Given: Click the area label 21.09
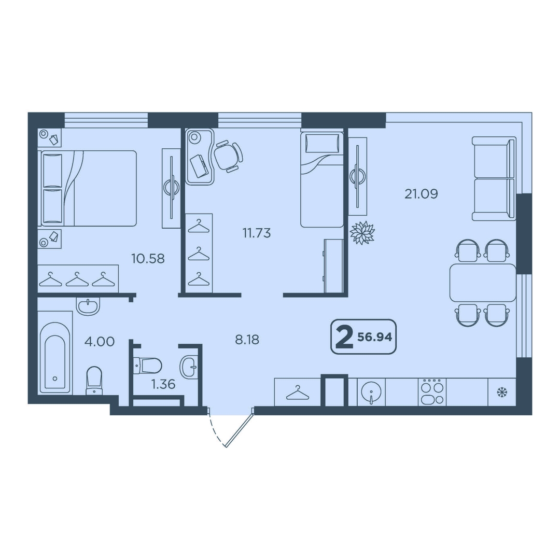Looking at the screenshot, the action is click(421, 194).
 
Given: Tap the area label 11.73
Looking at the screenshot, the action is click(257, 233).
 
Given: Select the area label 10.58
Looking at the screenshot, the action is click(148, 258).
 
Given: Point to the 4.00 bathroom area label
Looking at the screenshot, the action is click(99, 341).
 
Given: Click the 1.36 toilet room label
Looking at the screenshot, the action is click(163, 384).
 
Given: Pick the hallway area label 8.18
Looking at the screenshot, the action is click(247, 339).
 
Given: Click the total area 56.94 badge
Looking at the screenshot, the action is click(363, 337).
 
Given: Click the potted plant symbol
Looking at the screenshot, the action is click(362, 233).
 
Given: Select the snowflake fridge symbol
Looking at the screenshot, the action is click(502, 393).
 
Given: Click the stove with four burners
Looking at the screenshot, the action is click(432, 392).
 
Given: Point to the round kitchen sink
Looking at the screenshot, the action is click(371, 393).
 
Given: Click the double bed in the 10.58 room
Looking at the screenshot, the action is click(89, 188).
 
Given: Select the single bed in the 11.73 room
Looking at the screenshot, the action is click(322, 179).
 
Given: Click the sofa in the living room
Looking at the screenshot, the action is click(494, 178).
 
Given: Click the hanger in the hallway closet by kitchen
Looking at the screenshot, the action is click(298, 393).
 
